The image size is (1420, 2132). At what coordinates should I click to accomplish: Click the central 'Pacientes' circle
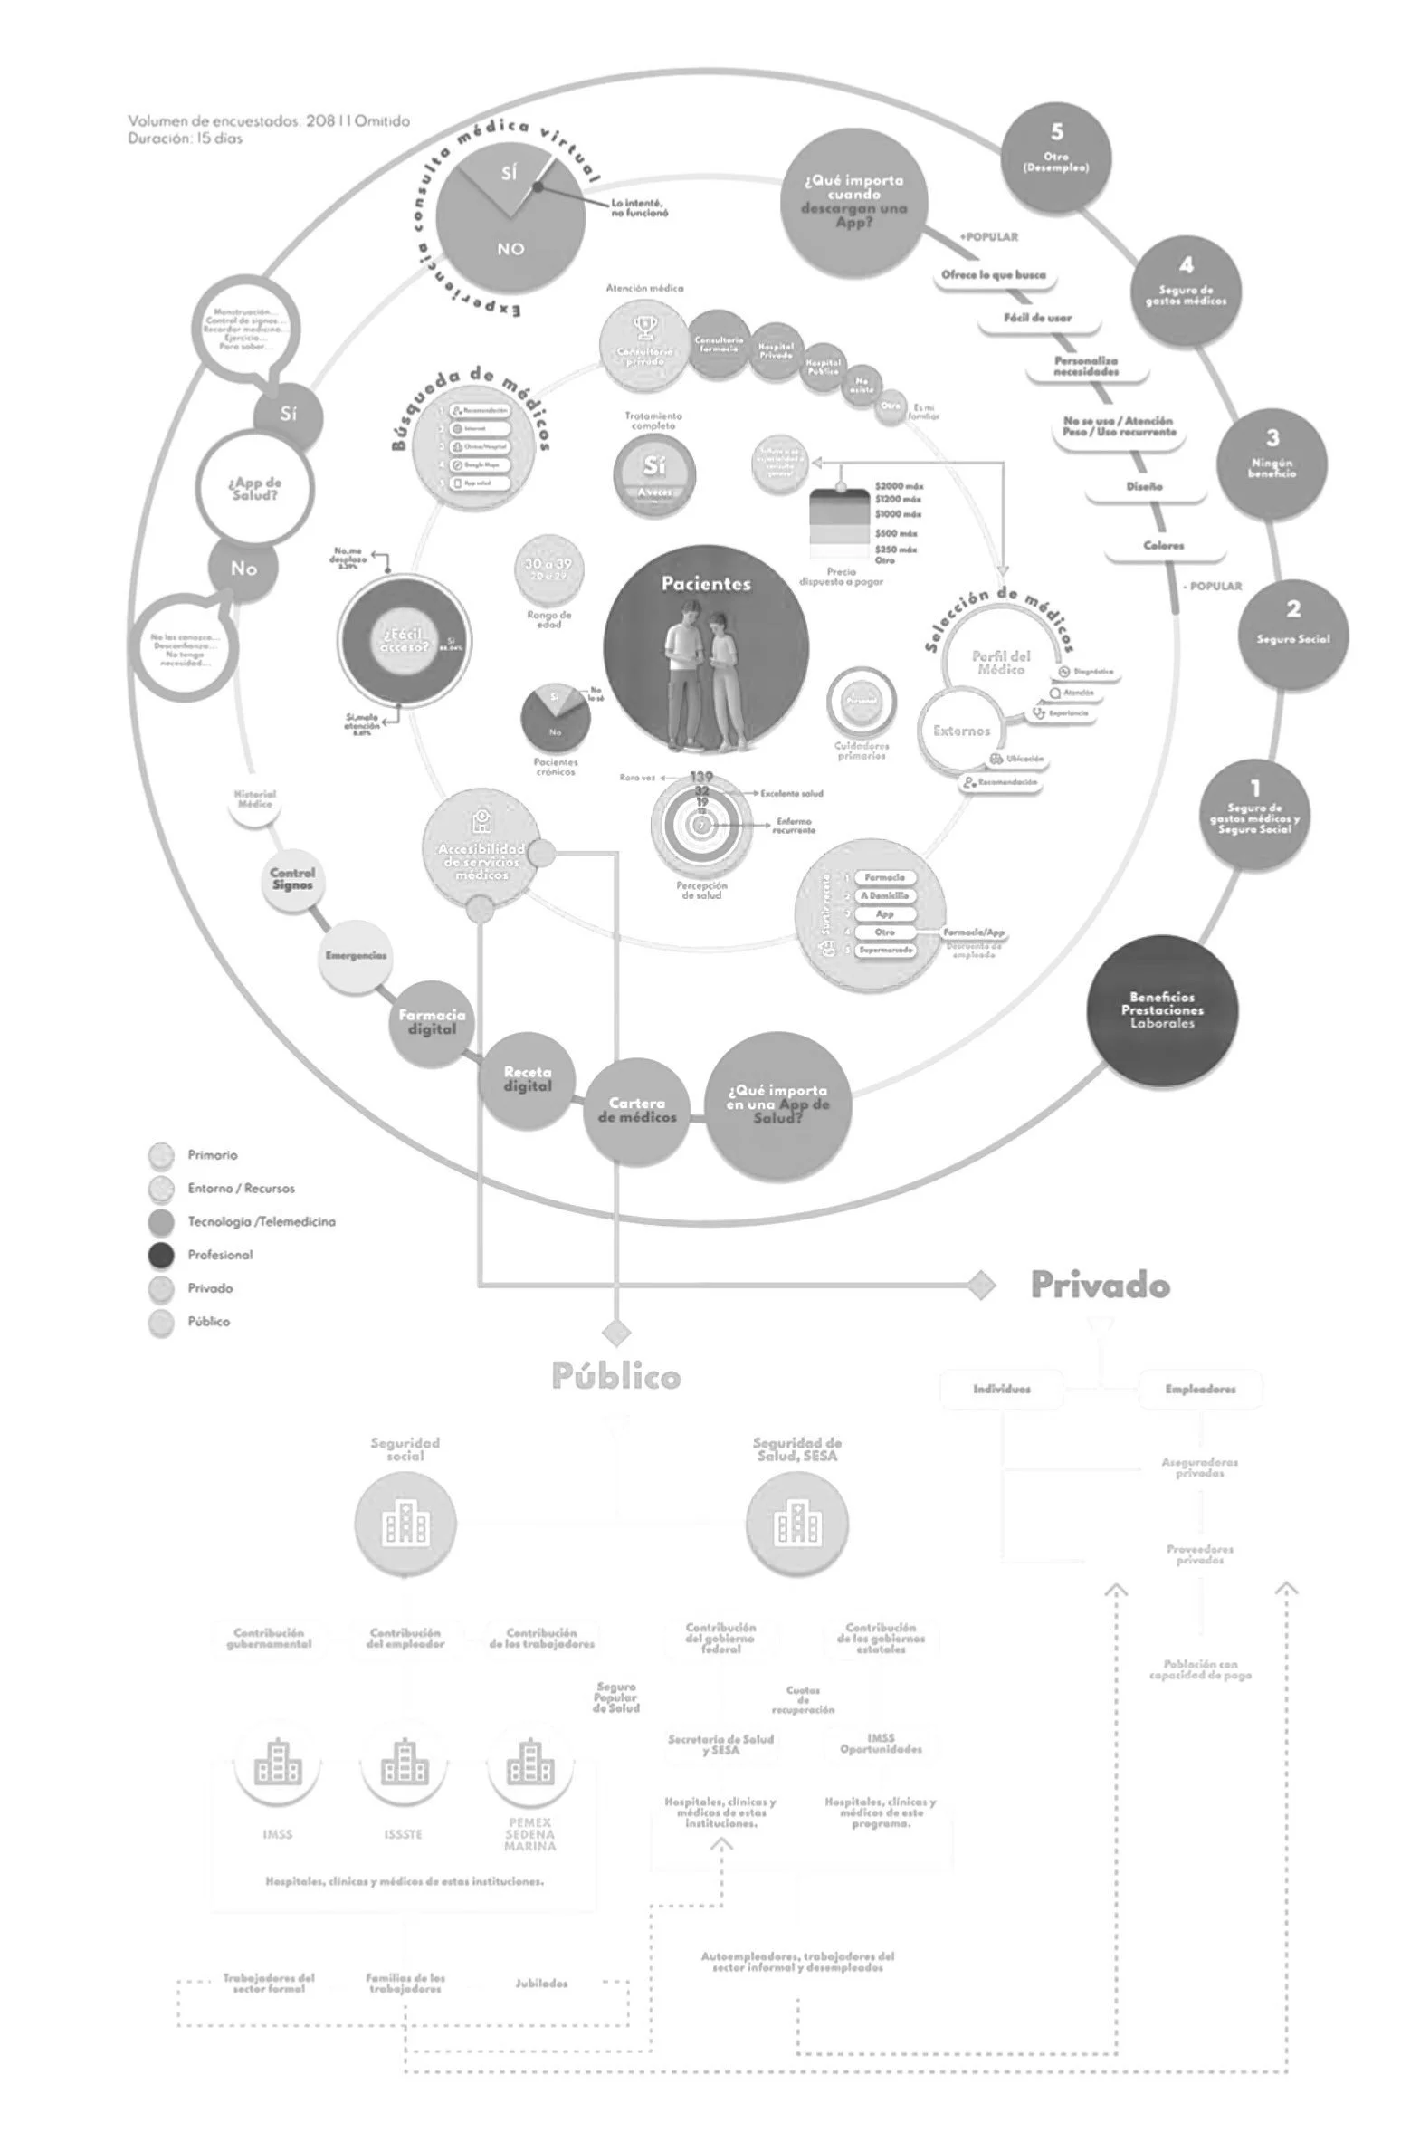coord(705,648)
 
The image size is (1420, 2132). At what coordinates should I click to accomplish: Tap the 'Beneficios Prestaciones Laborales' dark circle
coord(1162,1009)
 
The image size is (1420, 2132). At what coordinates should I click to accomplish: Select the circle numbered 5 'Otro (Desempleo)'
coord(1056,156)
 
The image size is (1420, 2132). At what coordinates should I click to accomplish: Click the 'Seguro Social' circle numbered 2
coord(1292,634)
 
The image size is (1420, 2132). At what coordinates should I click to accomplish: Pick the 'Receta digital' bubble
coord(527,1080)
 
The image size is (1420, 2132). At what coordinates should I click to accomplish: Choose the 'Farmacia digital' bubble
coord(432,1021)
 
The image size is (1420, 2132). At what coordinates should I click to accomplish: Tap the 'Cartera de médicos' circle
coord(636,1111)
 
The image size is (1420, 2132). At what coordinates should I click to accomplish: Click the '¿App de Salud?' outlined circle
coord(254,489)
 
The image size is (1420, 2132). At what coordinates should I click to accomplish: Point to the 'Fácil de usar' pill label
coord(1038,318)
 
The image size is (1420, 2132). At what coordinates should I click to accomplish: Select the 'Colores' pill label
coord(1164,546)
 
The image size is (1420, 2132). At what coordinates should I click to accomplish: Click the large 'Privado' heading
coord(1101,1286)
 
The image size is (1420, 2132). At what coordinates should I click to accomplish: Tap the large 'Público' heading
coord(615,1377)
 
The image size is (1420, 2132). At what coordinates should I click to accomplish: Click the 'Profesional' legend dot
coord(160,1256)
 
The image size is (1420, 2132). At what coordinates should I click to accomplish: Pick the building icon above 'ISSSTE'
coord(404,1762)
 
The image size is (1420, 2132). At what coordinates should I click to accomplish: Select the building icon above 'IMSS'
coord(277,1762)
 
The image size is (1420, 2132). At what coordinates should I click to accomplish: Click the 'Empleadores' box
coord(1200,1390)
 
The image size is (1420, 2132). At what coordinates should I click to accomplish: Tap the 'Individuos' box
coord(1001,1390)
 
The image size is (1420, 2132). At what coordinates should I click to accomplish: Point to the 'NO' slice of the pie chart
coord(510,249)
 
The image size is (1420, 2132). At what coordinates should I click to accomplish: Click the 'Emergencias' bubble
coord(356,956)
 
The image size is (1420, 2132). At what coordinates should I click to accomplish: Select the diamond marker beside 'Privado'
coord(981,1286)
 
